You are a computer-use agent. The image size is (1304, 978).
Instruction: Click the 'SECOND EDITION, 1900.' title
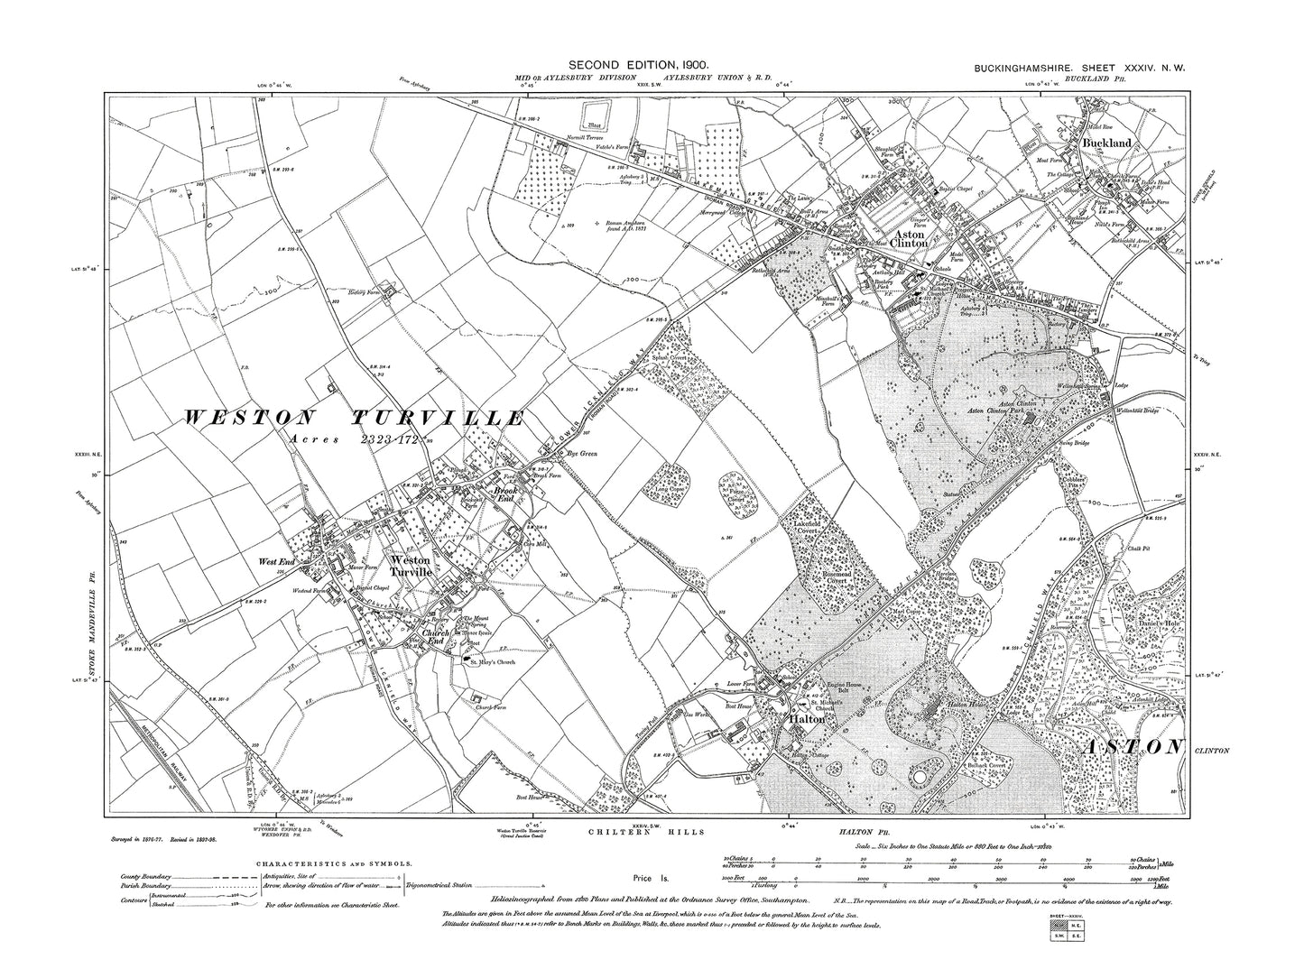638,66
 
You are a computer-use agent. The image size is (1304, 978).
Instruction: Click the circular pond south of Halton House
919,776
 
